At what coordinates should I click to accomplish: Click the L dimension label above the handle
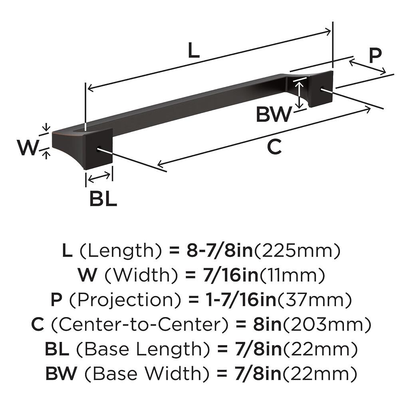point(193,51)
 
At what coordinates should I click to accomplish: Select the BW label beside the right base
point(274,115)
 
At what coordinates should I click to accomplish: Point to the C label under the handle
point(274,147)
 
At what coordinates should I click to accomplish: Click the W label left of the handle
point(27,148)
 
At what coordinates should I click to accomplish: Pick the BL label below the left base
point(103,199)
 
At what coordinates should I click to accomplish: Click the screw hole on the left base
point(98,150)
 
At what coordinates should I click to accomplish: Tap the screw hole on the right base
point(322,89)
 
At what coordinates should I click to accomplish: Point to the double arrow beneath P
point(367,67)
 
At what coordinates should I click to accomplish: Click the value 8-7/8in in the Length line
point(218,251)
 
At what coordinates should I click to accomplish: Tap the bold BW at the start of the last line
point(61,374)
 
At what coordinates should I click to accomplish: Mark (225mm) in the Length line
point(298,251)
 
